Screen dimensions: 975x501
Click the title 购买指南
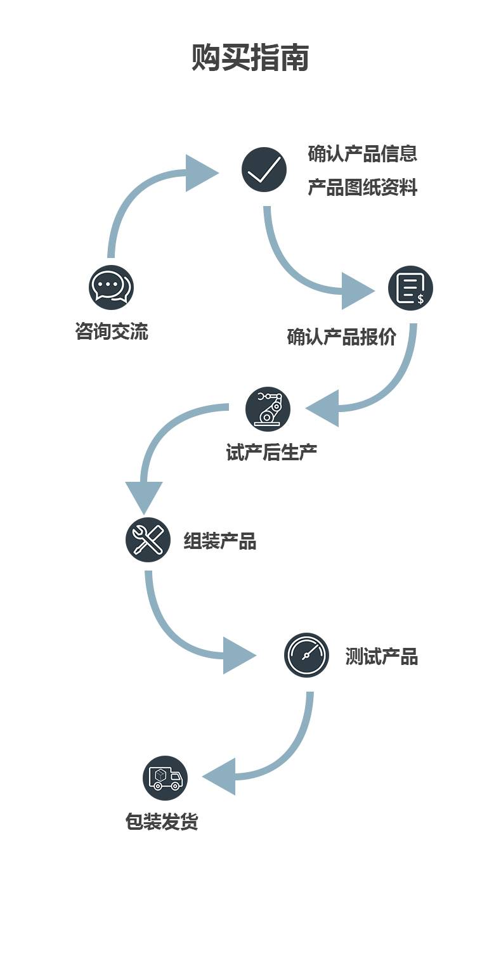[250, 58]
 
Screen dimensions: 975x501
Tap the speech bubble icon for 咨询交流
[111, 287]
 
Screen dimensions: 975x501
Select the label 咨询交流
[112, 332]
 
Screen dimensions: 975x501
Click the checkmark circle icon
[264, 170]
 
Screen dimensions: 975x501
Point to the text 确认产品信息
[362, 153]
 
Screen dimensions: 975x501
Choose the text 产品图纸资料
[362, 188]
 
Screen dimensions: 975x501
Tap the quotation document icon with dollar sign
[410, 288]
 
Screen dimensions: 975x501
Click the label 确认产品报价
[341, 337]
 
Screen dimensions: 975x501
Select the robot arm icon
[268, 409]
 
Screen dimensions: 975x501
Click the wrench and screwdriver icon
[148, 540]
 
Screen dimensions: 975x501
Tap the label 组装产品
[219, 541]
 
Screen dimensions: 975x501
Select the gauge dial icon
[306, 655]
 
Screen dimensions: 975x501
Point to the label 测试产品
[381, 657]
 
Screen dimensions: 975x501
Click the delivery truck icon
[165, 778]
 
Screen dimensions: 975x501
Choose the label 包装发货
[162, 822]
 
